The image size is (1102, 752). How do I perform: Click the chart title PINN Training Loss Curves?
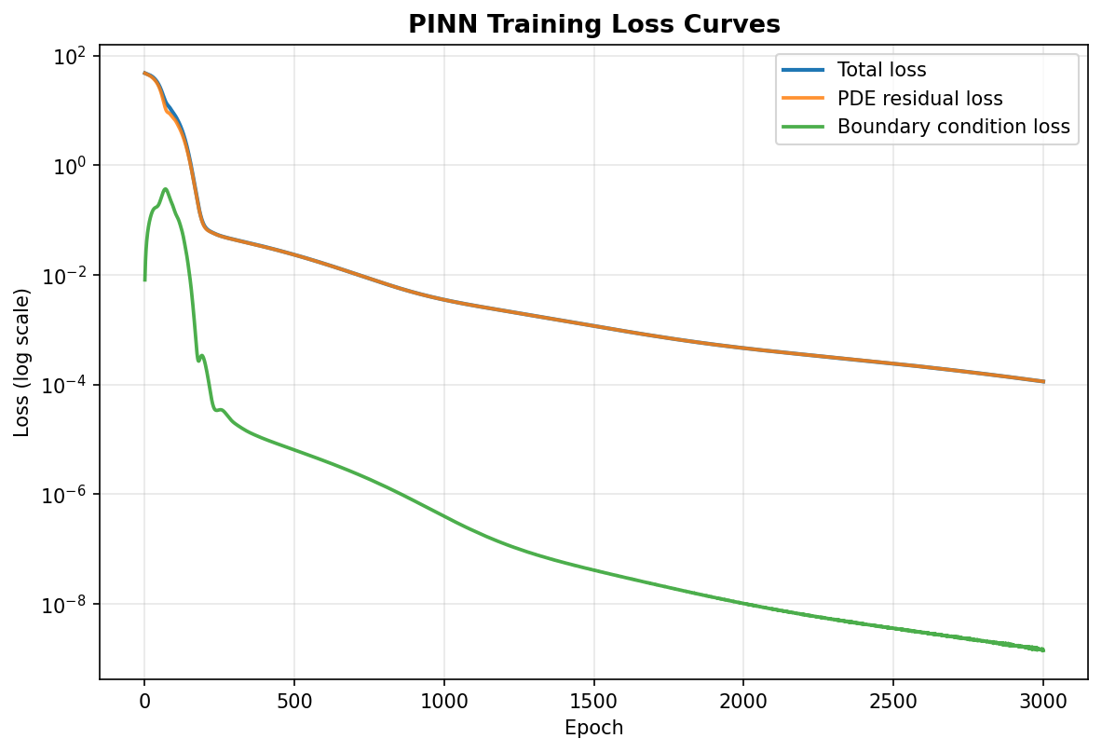click(x=594, y=24)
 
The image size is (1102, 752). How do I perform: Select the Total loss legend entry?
click(x=854, y=70)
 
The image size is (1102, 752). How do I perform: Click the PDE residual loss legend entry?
click(x=892, y=99)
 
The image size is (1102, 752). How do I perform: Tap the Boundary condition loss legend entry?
click(x=926, y=127)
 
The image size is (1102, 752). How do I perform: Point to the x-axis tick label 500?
click(x=294, y=702)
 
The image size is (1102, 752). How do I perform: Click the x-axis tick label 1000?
click(x=444, y=702)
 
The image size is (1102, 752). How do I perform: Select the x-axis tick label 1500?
click(x=594, y=702)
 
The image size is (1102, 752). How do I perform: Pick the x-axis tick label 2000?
click(x=743, y=702)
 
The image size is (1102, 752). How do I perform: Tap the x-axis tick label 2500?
click(x=893, y=702)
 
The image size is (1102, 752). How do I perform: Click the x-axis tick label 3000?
click(x=1043, y=702)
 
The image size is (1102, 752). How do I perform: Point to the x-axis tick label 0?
click(x=144, y=702)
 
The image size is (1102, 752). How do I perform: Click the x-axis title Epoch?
click(x=594, y=728)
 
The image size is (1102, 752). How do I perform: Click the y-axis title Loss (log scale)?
click(x=21, y=362)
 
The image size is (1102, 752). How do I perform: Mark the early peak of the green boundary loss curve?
click(x=165, y=189)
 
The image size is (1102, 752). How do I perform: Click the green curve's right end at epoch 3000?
click(x=1043, y=650)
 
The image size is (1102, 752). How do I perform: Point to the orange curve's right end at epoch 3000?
click(x=1043, y=382)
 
